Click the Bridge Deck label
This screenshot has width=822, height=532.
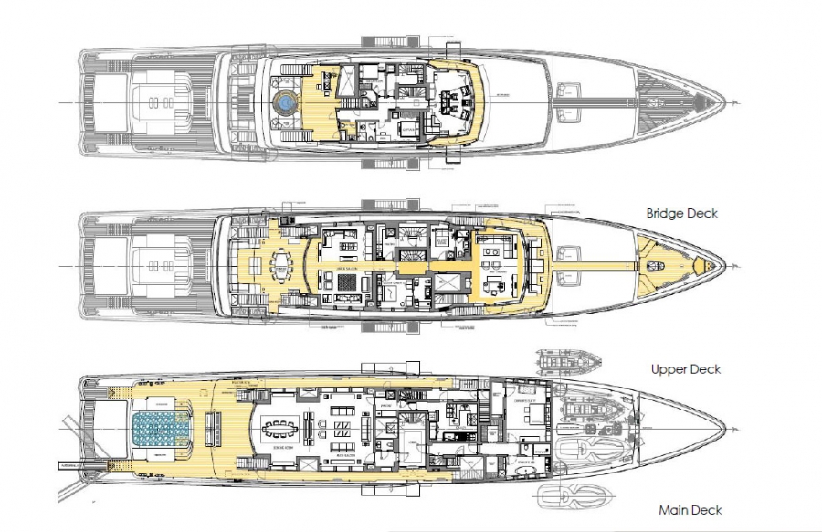(x=681, y=214)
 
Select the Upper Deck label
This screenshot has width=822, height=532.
(x=686, y=369)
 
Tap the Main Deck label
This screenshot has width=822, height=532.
(x=690, y=510)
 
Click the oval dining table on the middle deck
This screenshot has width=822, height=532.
(x=279, y=266)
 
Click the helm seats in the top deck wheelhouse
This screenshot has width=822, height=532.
(x=454, y=103)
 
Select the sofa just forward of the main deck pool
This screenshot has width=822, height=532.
(x=216, y=427)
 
